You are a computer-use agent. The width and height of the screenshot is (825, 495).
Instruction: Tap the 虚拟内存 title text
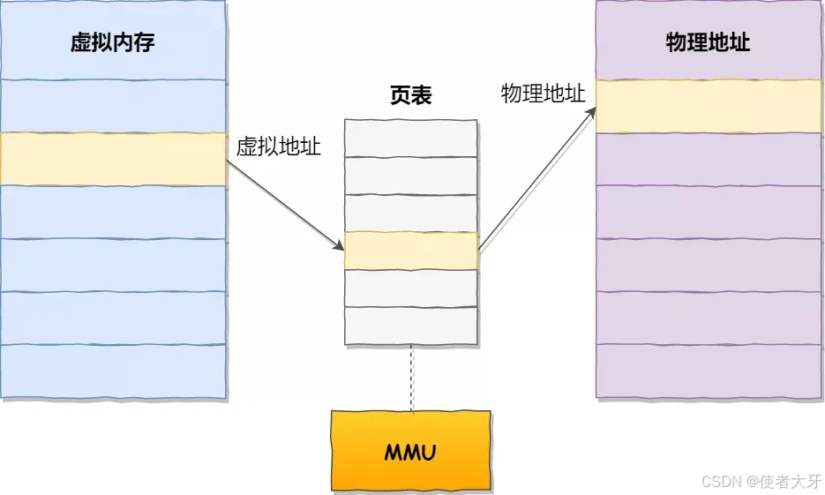click(x=113, y=42)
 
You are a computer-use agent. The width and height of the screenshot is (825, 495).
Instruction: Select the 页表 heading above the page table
click(x=411, y=96)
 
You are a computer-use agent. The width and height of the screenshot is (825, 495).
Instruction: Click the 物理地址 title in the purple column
click(x=708, y=42)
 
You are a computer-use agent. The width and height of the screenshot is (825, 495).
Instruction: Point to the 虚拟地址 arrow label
click(x=278, y=147)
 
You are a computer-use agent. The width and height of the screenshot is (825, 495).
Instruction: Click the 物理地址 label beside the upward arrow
click(x=543, y=94)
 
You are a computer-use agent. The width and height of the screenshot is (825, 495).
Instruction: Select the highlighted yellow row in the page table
click(x=411, y=251)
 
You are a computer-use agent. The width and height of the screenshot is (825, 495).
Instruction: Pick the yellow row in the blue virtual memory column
click(x=113, y=159)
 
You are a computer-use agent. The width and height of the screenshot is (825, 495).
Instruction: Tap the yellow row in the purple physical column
click(x=708, y=107)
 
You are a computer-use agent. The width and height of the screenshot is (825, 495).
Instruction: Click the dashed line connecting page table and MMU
click(x=411, y=378)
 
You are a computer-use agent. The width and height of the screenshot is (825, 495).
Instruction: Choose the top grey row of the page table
click(x=411, y=138)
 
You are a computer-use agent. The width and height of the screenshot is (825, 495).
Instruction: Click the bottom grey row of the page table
click(x=411, y=325)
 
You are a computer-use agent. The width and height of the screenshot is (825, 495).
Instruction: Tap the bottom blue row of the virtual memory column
click(x=113, y=371)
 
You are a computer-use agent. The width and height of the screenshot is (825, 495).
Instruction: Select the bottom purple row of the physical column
click(x=708, y=371)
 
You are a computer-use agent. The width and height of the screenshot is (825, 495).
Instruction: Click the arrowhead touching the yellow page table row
click(x=339, y=245)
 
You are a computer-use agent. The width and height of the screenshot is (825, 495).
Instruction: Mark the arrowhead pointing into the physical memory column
click(x=590, y=115)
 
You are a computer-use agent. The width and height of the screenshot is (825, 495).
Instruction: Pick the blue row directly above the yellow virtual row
click(x=113, y=106)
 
